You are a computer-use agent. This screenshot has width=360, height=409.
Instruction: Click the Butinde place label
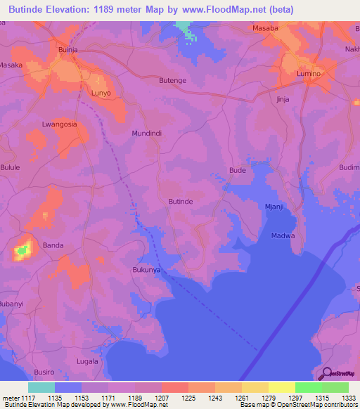181,201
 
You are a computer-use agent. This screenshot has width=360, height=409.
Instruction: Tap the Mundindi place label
147,132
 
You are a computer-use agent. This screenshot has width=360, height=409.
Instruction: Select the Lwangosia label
59,124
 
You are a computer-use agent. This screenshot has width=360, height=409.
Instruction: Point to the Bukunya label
147,269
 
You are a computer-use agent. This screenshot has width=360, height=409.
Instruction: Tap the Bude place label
238,171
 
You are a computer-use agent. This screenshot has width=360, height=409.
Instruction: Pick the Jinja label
283,100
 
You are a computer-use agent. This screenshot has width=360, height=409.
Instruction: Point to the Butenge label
172,81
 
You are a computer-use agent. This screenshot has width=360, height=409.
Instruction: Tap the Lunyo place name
101,93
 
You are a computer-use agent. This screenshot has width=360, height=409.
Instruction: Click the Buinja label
68,50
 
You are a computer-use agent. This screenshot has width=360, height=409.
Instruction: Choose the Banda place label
53,245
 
